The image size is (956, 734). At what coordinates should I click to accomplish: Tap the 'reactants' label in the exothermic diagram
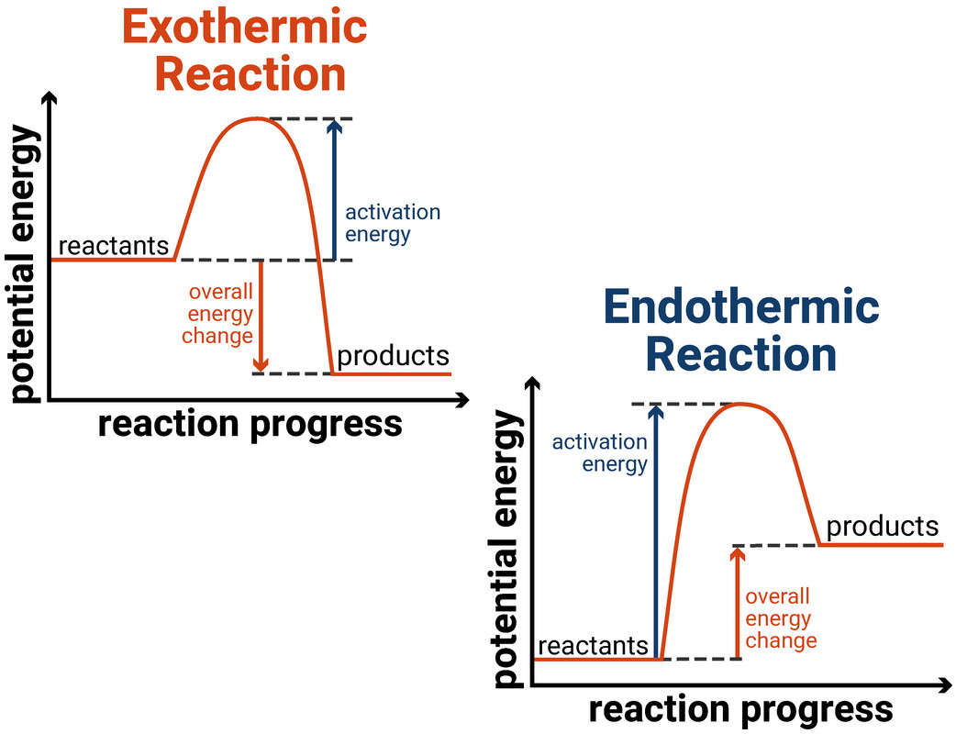coord(114,245)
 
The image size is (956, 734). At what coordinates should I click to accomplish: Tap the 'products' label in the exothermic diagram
coord(393,356)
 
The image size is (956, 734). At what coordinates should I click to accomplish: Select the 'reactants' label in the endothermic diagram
coord(594,645)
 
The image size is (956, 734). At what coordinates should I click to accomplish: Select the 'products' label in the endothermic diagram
coord(882,527)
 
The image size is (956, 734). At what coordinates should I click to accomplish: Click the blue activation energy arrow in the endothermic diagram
coord(655,532)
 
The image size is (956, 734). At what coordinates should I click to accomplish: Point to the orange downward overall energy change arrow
coord(261,317)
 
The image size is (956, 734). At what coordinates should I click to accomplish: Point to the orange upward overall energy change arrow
coord(735,601)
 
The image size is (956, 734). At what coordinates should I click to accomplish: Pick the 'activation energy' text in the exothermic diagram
coord(393,223)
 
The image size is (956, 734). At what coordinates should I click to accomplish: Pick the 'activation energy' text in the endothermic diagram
coord(600,452)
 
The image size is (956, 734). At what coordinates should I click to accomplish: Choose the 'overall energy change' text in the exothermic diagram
coord(219,314)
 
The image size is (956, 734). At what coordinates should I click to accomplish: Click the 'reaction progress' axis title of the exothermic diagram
coord(250,424)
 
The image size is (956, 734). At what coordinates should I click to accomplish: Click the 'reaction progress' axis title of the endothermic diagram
coord(739,709)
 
